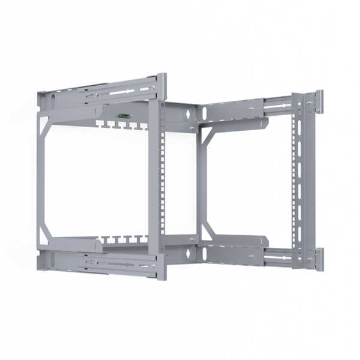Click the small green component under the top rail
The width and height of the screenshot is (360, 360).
coord(124,116)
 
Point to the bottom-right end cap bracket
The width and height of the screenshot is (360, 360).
coord(317,258)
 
